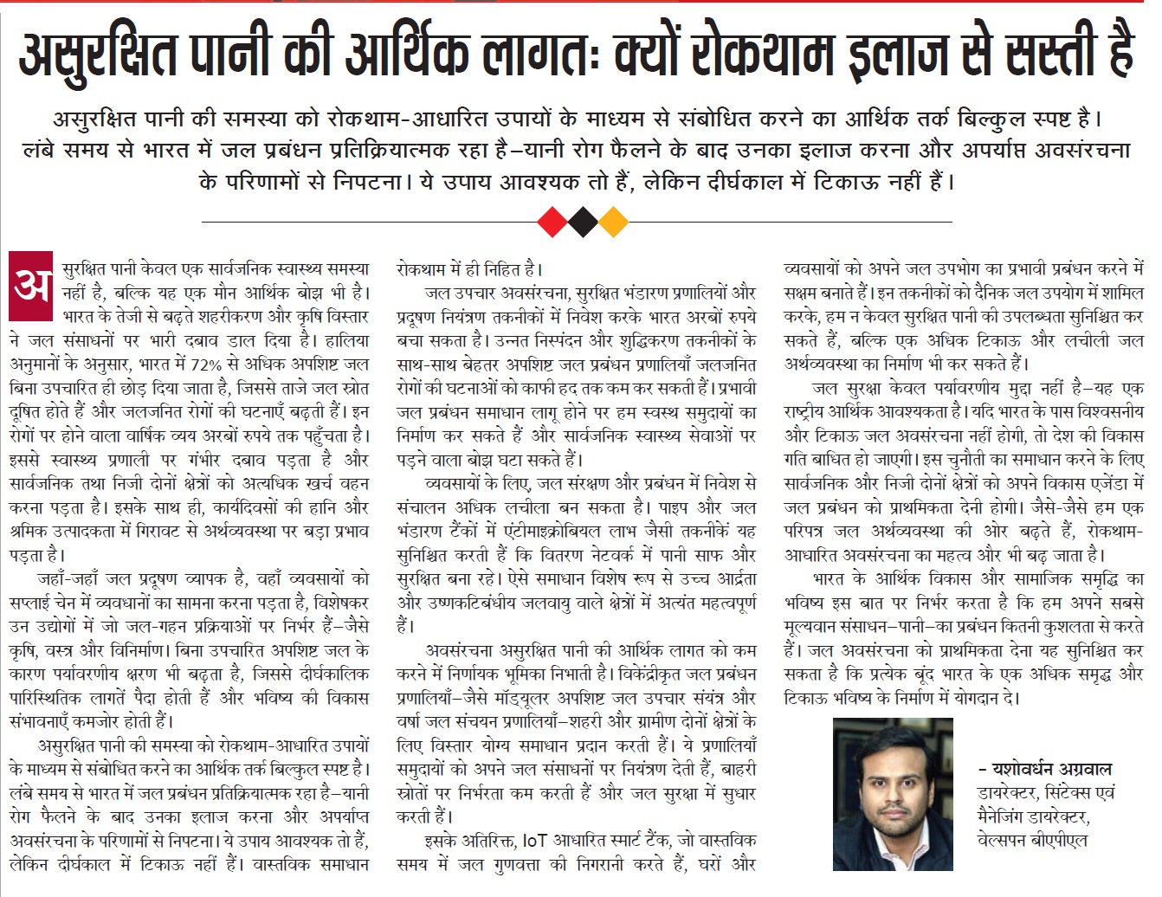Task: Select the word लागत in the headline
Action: pos(537,53)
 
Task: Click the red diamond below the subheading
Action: pos(552,223)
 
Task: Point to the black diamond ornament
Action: pos(582,223)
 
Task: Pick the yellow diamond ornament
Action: pos(613,223)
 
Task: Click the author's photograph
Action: pos(892,795)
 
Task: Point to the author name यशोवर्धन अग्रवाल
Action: pos(1049,769)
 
